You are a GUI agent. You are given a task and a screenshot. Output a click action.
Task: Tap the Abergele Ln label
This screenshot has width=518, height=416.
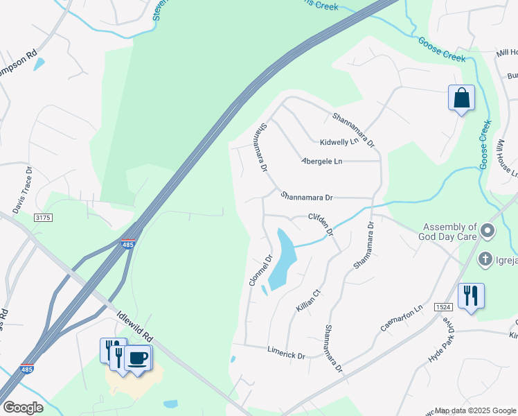tap(322, 161)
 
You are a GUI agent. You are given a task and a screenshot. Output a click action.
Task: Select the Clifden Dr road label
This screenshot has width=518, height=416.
tap(321, 223)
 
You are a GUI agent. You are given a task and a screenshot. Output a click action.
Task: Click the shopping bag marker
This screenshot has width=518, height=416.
tap(461, 98)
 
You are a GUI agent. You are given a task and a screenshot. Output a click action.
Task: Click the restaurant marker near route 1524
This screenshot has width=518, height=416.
tap(471, 297)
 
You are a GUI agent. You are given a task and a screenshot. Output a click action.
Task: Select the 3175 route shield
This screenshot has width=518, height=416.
tap(43, 218)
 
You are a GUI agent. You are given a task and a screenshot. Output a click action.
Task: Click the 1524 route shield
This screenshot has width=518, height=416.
tap(444, 306)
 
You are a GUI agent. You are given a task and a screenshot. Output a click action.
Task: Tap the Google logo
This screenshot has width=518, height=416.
tap(23, 408)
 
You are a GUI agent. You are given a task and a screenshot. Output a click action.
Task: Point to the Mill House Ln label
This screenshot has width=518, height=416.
tap(503, 162)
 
